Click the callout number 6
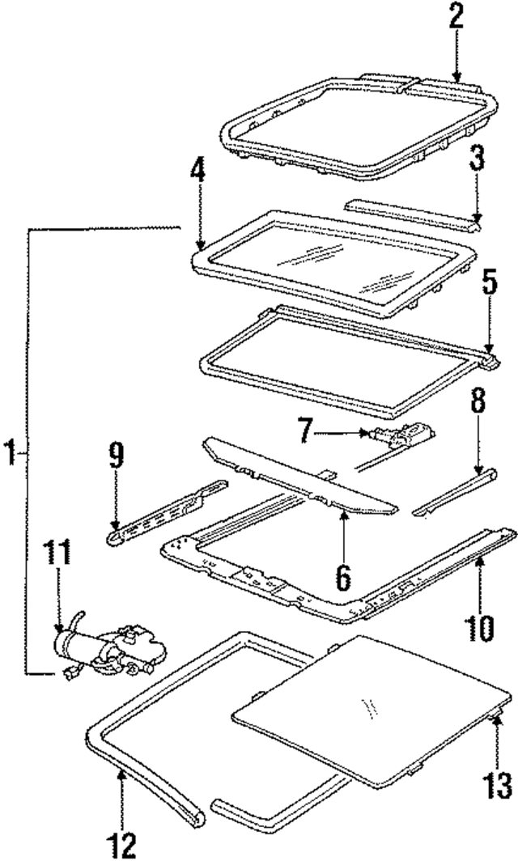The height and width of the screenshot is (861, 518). (x=343, y=575)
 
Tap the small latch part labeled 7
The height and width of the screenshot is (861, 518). (x=401, y=437)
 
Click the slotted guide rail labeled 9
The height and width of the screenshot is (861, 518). (x=167, y=512)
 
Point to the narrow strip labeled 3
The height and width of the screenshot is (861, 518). (x=409, y=214)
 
